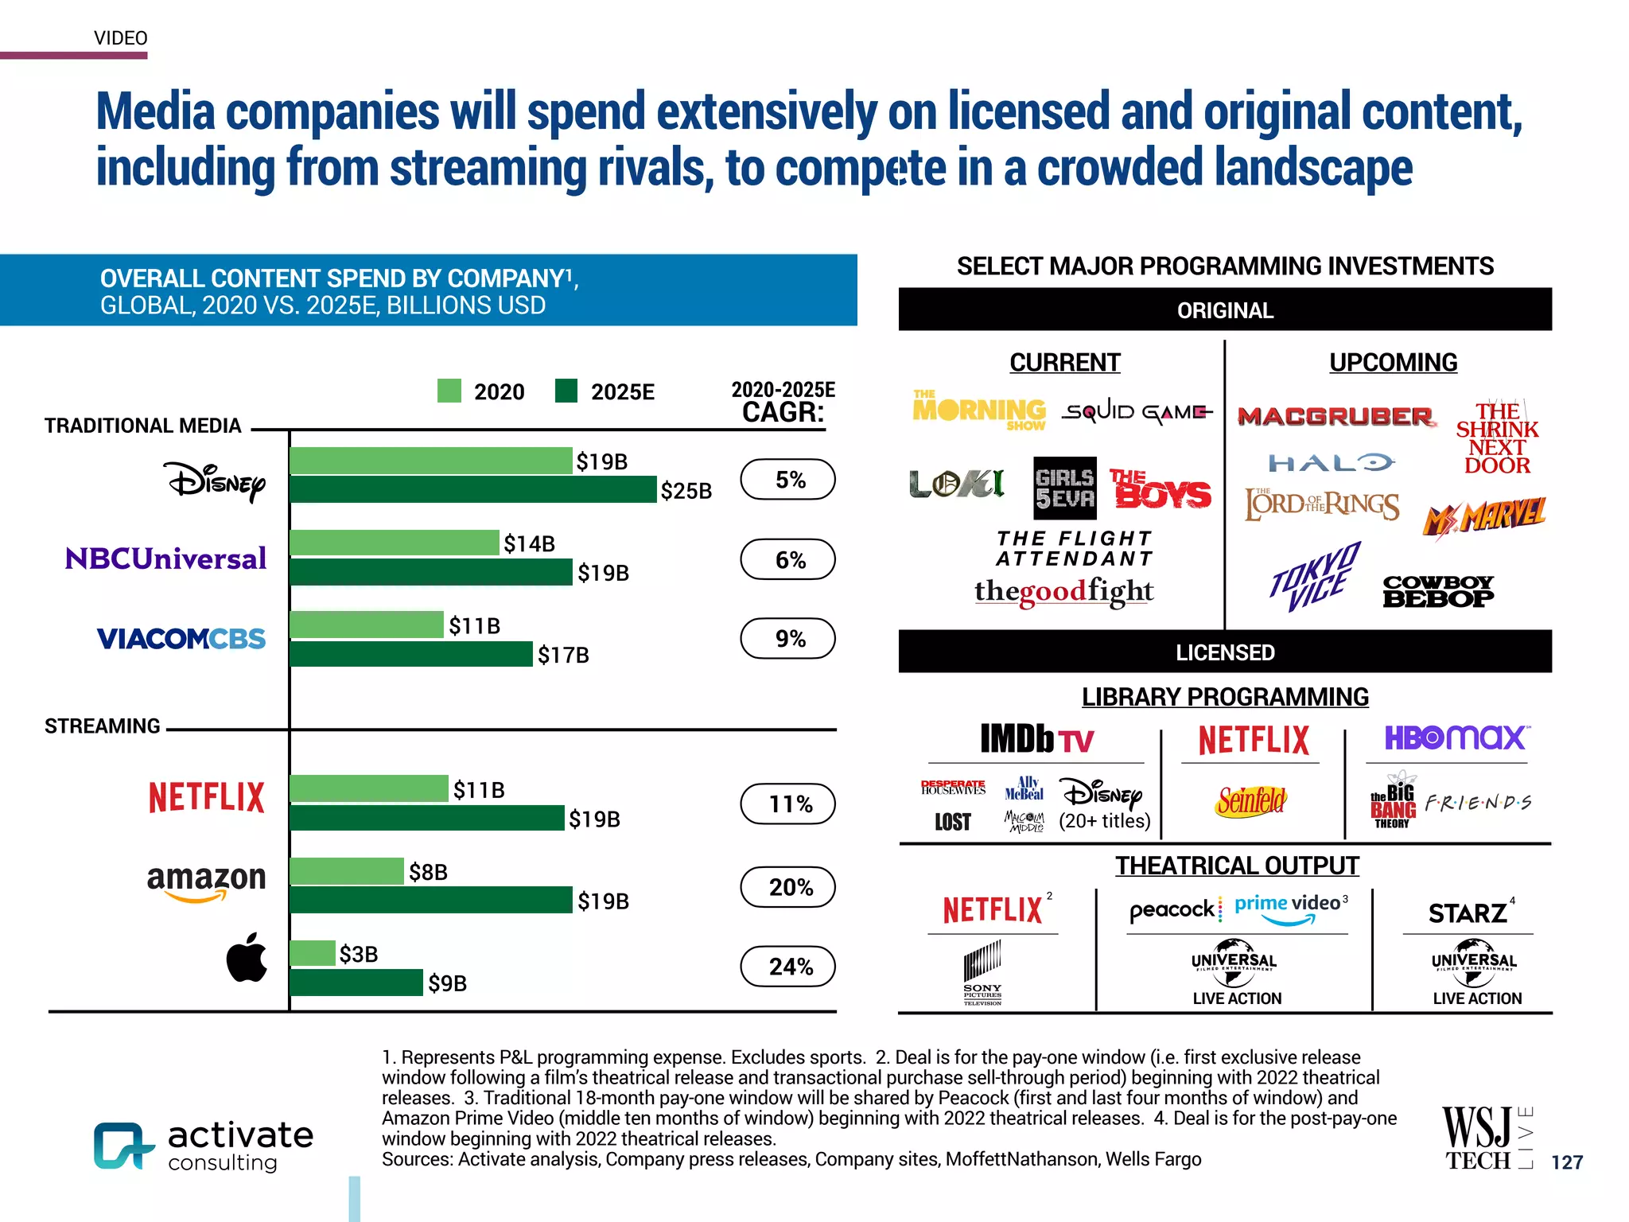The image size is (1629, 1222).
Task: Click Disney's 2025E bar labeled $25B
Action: [473, 489]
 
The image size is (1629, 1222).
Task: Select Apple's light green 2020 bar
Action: [313, 952]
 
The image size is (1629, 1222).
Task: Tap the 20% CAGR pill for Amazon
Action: [787, 886]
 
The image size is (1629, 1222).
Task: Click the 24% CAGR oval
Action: [787, 966]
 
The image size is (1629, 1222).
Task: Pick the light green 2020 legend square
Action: [449, 391]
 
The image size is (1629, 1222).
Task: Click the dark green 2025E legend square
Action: [566, 391]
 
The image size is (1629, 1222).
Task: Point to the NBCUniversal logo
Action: [165, 558]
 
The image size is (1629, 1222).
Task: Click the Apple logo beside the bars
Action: [247, 957]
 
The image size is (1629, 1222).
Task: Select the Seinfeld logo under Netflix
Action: [1251, 800]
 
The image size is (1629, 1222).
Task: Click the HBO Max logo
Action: [1455, 737]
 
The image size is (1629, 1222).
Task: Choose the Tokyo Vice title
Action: [1315, 576]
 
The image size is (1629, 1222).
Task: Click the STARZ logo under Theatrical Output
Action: [1468, 913]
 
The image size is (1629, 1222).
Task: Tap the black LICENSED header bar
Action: [1225, 652]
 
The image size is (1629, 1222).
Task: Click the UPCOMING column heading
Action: [1393, 362]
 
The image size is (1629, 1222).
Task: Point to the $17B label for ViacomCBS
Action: [563, 655]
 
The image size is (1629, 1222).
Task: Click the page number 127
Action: [1566, 1162]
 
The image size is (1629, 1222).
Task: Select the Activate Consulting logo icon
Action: [122, 1146]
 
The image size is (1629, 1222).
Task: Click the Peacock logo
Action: [1172, 909]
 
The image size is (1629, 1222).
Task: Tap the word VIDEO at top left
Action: [121, 38]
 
